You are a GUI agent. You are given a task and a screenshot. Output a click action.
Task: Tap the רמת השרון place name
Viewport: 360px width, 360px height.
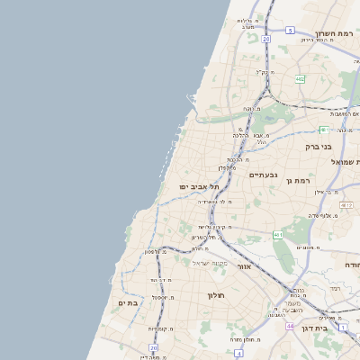click(x=336, y=33)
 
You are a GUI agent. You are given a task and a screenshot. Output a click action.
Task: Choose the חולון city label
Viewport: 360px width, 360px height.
click(x=215, y=294)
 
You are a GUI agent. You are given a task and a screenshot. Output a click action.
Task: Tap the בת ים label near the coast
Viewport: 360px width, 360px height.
click(x=127, y=303)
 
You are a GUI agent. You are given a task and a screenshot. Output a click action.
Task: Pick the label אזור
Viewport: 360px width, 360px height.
click(x=242, y=266)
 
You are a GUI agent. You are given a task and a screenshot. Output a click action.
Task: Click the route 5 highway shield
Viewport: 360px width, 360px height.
click(x=290, y=31)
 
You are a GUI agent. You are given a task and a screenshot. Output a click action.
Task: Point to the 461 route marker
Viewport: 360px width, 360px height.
click(x=279, y=235)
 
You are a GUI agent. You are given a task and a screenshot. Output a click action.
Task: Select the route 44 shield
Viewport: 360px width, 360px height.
click(x=290, y=325)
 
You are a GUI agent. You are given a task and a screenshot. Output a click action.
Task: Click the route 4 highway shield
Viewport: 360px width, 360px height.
click(x=238, y=353)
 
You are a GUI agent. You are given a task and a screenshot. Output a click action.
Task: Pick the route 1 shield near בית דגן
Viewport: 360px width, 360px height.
click(x=343, y=328)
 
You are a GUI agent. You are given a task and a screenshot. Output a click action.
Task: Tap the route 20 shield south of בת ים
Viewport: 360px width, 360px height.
click(x=153, y=346)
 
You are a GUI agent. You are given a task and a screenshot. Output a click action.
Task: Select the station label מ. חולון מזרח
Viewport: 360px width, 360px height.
click(x=244, y=339)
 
